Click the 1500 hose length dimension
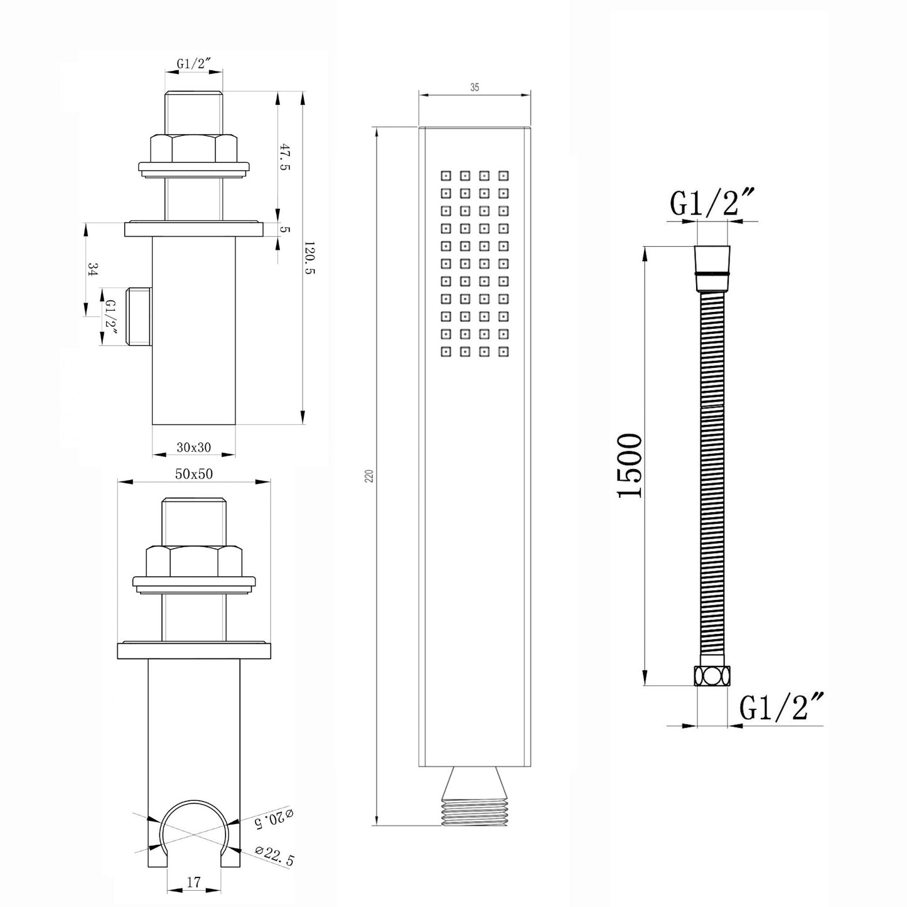(630, 466)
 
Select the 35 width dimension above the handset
(475, 87)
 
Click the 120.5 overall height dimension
(309, 258)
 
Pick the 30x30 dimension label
(194, 447)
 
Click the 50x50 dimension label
(194, 474)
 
